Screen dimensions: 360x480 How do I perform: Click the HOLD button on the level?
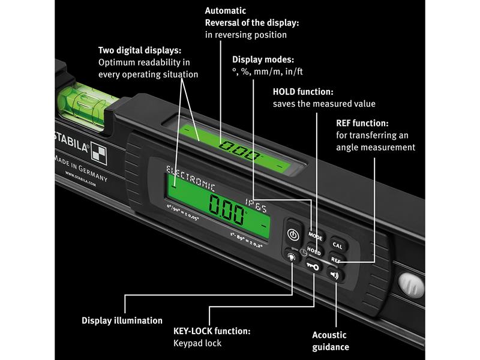(314, 251)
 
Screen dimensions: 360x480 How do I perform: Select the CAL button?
(337, 245)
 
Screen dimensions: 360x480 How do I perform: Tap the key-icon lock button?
(312, 265)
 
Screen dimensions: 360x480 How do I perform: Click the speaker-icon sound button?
(334, 275)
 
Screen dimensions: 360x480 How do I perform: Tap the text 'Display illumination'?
(122, 320)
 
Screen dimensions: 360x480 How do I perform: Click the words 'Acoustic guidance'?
(331, 341)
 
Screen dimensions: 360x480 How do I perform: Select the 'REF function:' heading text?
(362, 123)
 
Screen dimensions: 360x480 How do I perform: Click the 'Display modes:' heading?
(263, 59)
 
